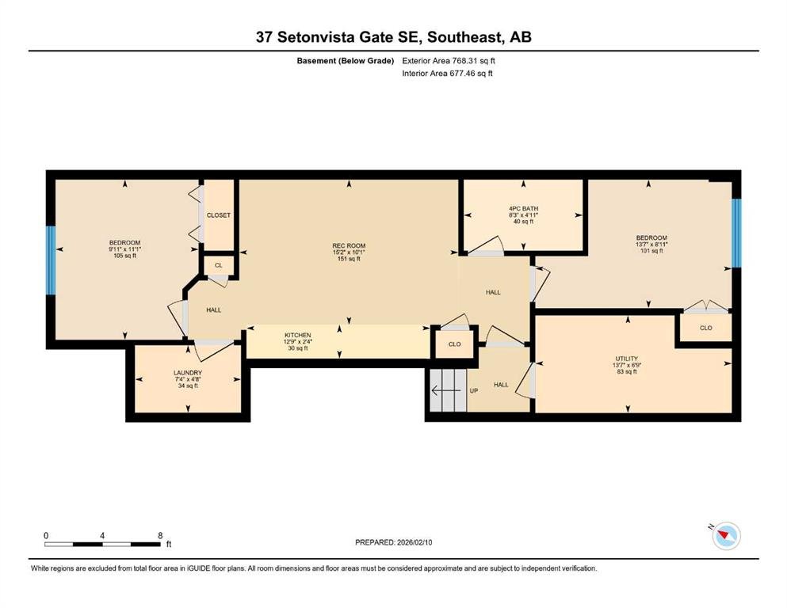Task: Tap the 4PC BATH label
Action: (x=524, y=208)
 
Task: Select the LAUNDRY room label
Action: (x=188, y=373)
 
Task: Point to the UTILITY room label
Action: (x=627, y=359)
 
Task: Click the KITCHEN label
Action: (x=298, y=336)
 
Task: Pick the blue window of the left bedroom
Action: (x=50, y=260)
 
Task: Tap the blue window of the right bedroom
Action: (x=736, y=233)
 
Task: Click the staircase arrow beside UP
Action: (x=446, y=390)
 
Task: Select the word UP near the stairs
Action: (x=473, y=390)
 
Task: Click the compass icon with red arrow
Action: (x=726, y=535)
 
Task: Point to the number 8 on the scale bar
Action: (x=161, y=535)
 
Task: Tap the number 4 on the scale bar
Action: (x=102, y=535)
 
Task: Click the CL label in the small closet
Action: (x=218, y=265)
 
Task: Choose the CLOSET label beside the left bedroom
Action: (x=219, y=215)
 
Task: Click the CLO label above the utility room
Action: (x=705, y=328)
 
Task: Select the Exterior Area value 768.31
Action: (x=467, y=61)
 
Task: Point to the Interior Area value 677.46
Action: (x=464, y=73)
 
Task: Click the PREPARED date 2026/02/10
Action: (x=414, y=542)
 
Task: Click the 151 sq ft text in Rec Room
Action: (x=349, y=259)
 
